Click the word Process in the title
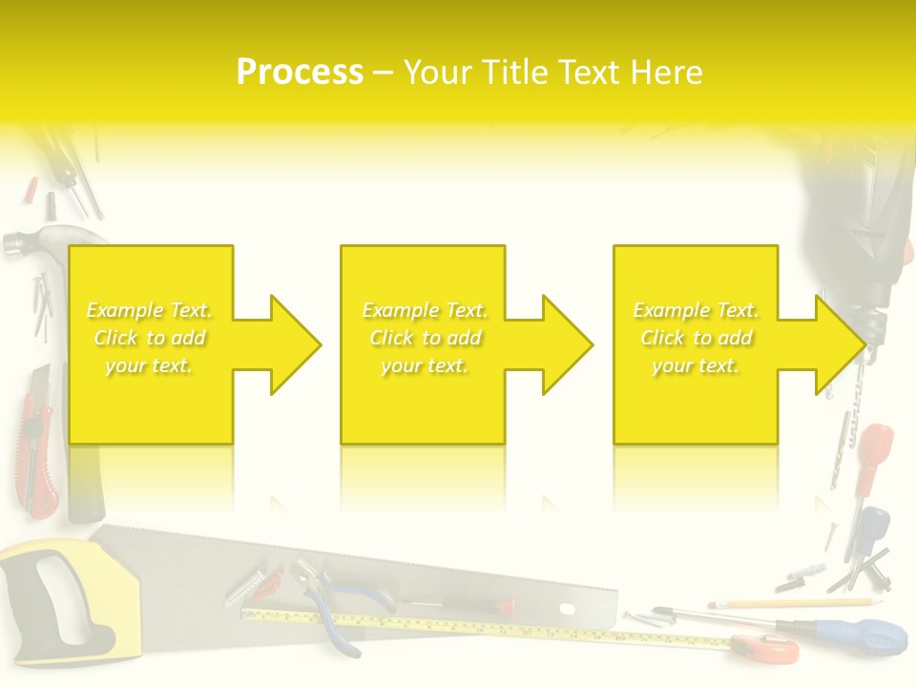(300, 73)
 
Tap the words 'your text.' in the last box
(696, 365)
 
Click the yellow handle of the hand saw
(48, 592)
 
